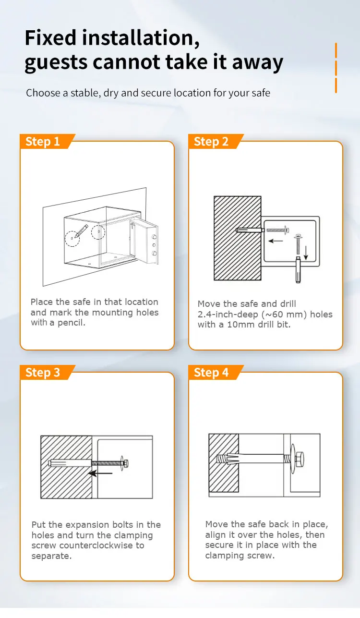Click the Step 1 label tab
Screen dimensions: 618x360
click(x=43, y=142)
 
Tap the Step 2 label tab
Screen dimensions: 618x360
click(x=211, y=142)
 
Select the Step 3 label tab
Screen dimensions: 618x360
click(x=43, y=373)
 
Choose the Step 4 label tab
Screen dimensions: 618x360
click(x=211, y=373)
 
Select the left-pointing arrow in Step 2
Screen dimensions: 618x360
click(x=275, y=241)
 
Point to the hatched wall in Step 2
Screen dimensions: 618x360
click(x=237, y=238)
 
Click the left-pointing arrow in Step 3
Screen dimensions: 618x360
click(x=101, y=473)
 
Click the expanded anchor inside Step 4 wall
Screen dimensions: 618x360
click(x=228, y=458)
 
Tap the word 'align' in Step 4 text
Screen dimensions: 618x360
click(x=215, y=535)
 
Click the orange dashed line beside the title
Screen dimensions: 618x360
click(x=336, y=67)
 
